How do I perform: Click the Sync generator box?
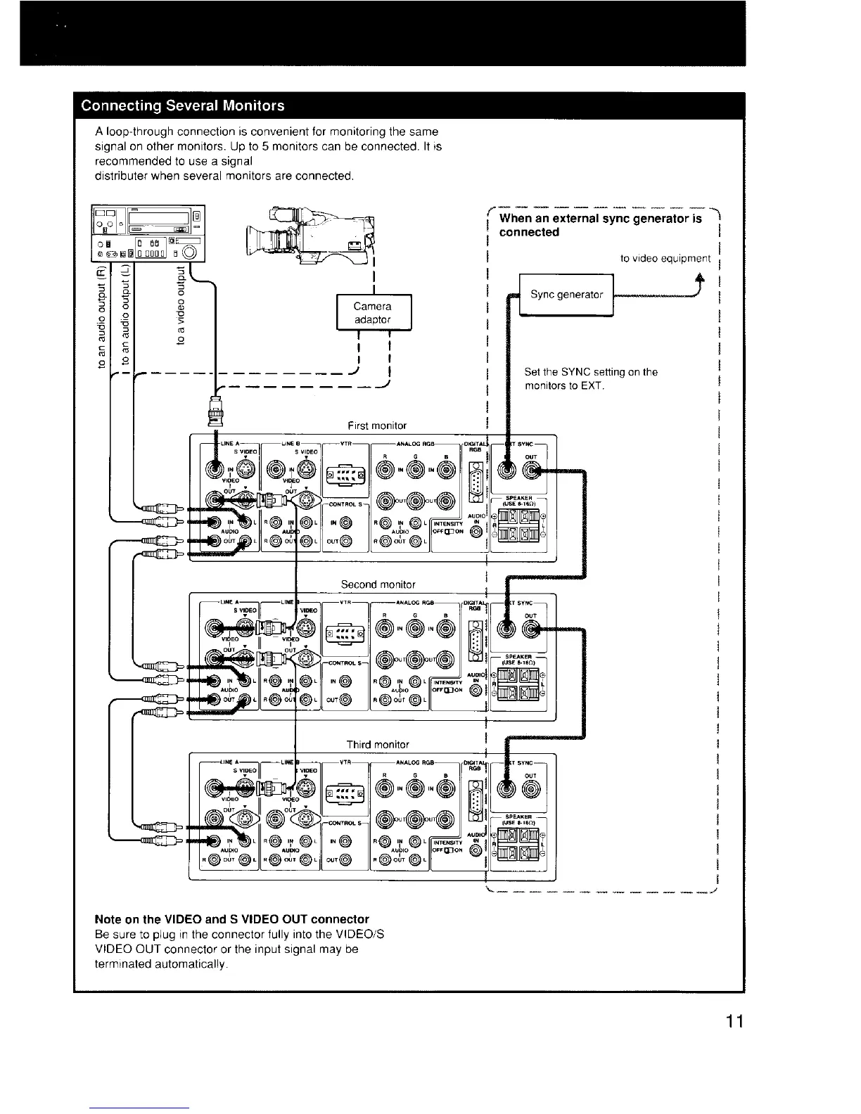coord(566,295)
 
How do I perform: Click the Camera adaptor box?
coord(372,312)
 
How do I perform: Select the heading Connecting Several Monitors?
coord(183,106)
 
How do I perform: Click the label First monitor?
coord(377,425)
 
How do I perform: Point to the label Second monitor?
coord(378,584)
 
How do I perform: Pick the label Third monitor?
coord(378,744)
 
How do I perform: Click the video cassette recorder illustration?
coord(148,233)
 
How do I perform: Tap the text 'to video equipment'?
coord(665,259)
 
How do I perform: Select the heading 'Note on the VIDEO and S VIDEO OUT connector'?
coord(231,919)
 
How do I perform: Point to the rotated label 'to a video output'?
coord(182,305)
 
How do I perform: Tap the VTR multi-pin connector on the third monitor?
coord(344,793)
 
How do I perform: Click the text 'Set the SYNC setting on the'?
coord(591,372)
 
